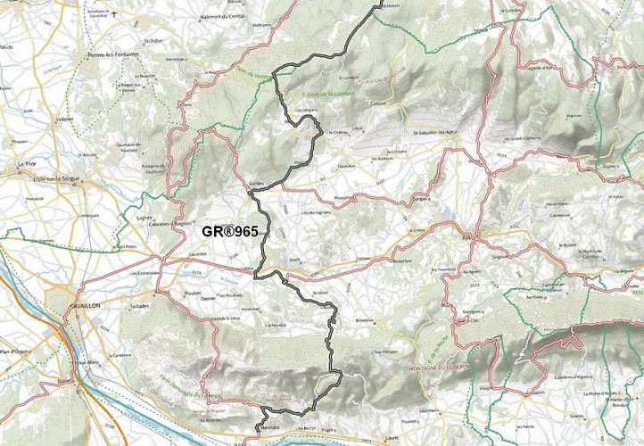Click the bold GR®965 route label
point(228,232)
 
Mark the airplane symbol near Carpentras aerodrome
point(114,13)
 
